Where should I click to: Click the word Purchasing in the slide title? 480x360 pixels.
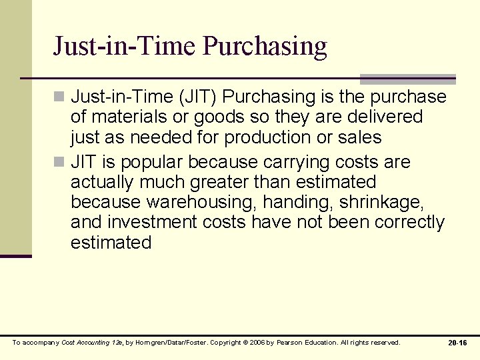click(265, 46)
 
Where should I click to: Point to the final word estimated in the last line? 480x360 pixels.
click(111, 242)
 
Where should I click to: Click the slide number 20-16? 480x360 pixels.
click(457, 343)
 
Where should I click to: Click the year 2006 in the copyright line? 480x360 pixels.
click(258, 343)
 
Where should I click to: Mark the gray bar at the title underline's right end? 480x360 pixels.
click(407, 79)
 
